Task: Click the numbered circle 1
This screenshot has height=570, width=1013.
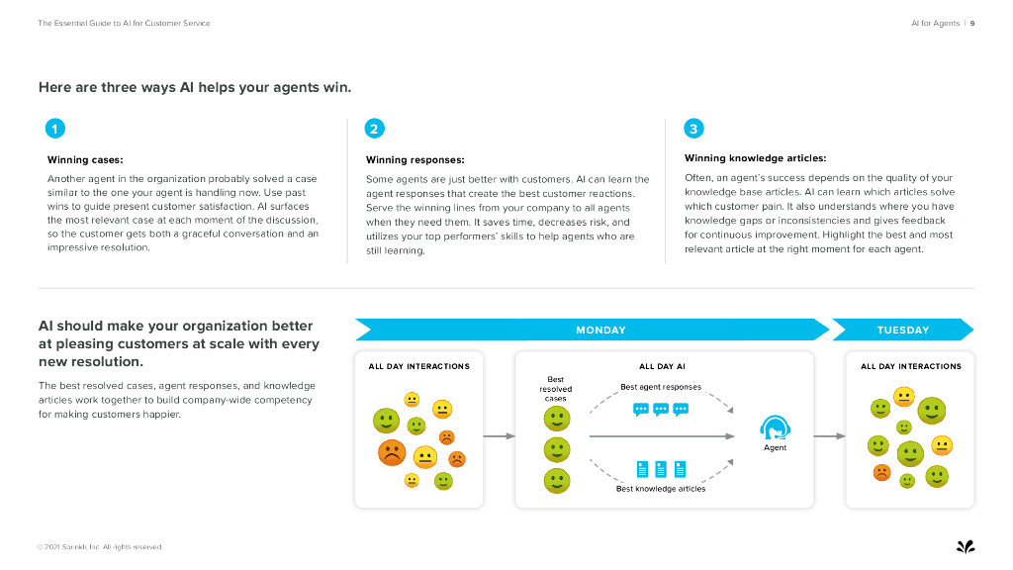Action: tap(56, 129)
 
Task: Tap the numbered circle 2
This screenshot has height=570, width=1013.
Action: tap(374, 129)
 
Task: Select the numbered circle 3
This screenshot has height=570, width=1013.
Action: tap(693, 129)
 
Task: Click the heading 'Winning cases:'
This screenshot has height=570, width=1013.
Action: tap(85, 159)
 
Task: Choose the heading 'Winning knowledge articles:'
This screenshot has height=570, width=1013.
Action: tap(755, 158)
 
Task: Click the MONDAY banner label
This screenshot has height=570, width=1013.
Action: tap(600, 331)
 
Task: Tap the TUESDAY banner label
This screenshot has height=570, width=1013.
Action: tap(902, 331)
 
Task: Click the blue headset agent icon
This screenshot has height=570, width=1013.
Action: tap(775, 427)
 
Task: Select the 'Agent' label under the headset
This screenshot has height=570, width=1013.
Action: tap(776, 448)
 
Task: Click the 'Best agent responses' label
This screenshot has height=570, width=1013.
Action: tap(660, 387)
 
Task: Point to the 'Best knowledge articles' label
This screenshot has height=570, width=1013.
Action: tap(660, 489)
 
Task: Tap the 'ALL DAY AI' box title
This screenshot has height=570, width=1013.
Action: tap(662, 366)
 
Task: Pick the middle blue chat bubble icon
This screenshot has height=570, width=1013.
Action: tap(660, 409)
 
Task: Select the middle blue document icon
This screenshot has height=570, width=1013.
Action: tap(660, 469)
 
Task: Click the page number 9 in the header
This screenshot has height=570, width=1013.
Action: tap(972, 23)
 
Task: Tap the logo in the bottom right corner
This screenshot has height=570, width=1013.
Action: tap(965, 545)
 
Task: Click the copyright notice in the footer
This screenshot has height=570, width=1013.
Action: tap(99, 547)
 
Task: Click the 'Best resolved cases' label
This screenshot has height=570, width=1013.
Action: tap(556, 389)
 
